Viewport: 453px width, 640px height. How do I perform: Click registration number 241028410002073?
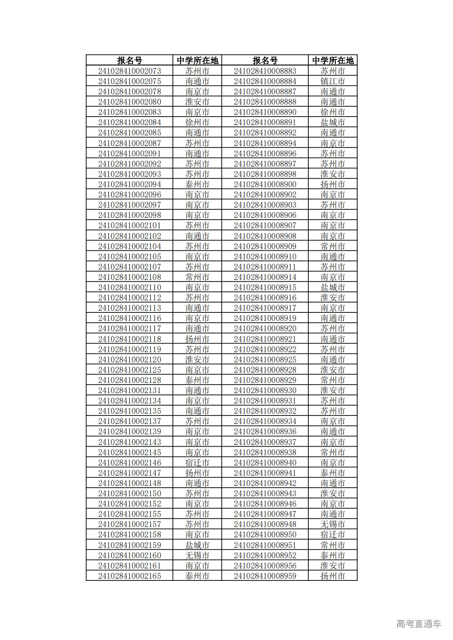(129, 71)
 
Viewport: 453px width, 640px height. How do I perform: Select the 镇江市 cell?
(333, 81)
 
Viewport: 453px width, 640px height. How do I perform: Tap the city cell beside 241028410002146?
(197, 463)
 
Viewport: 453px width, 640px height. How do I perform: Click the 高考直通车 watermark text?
(418, 624)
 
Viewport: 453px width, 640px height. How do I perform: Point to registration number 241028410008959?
(265, 576)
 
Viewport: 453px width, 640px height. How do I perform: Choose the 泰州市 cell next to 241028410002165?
(197, 576)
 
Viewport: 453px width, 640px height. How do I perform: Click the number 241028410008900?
(265, 184)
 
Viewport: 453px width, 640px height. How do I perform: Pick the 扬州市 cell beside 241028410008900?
(333, 184)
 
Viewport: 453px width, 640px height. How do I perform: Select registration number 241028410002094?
(129, 184)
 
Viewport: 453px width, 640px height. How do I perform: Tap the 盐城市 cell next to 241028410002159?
(197, 545)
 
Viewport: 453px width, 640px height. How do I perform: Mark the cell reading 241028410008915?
(265, 287)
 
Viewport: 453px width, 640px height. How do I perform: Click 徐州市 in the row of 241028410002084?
(197, 122)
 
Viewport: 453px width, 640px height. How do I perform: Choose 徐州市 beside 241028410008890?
(333, 112)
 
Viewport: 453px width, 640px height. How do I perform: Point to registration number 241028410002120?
(129, 360)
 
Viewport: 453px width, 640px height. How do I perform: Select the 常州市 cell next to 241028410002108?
(197, 277)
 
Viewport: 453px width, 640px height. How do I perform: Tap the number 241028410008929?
(265, 380)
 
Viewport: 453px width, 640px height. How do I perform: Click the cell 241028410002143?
(129, 442)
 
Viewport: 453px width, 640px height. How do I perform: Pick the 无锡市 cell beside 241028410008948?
(333, 524)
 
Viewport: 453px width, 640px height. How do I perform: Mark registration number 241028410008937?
(265, 442)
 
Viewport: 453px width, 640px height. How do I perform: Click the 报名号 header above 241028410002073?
(129, 60)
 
